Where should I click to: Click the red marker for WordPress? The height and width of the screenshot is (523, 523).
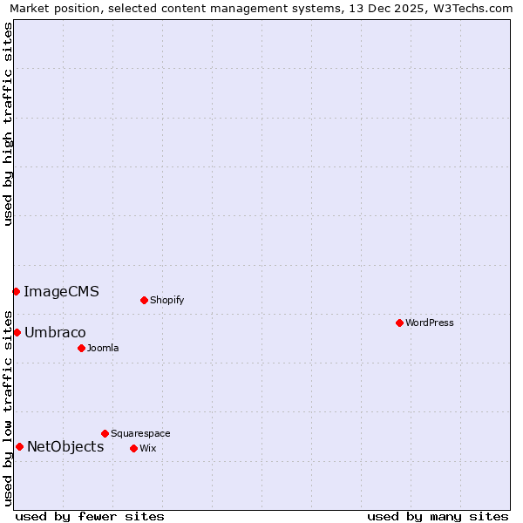click(x=399, y=323)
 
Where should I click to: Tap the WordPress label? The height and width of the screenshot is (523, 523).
click(x=429, y=323)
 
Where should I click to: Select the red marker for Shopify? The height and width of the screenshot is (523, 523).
click(x=144, y=300)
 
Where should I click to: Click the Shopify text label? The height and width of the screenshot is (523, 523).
click(x=166, y=300)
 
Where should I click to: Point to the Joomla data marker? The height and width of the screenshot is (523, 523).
click(x=81, y=348)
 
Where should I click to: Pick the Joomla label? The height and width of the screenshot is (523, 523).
click(x=103, y=348)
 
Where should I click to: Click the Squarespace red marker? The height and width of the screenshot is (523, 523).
click(x=105, y=433)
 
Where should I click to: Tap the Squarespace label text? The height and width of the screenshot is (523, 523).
click(x=140, y=433)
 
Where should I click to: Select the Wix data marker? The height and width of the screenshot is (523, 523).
click(x=133, y=448)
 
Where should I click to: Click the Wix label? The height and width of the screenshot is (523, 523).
click(x=147, y=448)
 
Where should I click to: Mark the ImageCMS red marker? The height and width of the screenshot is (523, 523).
click(x=16, y=291)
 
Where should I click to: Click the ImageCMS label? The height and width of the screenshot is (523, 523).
click(x=61, y=291)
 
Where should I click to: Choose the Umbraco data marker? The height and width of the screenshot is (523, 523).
click(x=17, y=332)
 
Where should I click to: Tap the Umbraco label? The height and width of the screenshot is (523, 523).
click(x=55, y=332)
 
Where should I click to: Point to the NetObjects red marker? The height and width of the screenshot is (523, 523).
click(x=19, y=446)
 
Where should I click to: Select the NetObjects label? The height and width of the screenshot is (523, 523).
click(x=65, y=446)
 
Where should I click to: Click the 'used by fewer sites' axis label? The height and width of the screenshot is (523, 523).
click(x=90, y=516)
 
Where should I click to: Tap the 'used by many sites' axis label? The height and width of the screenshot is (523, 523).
click(x=438, y=516)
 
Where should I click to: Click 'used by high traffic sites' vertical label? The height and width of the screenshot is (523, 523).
click(x=8, y=124)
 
